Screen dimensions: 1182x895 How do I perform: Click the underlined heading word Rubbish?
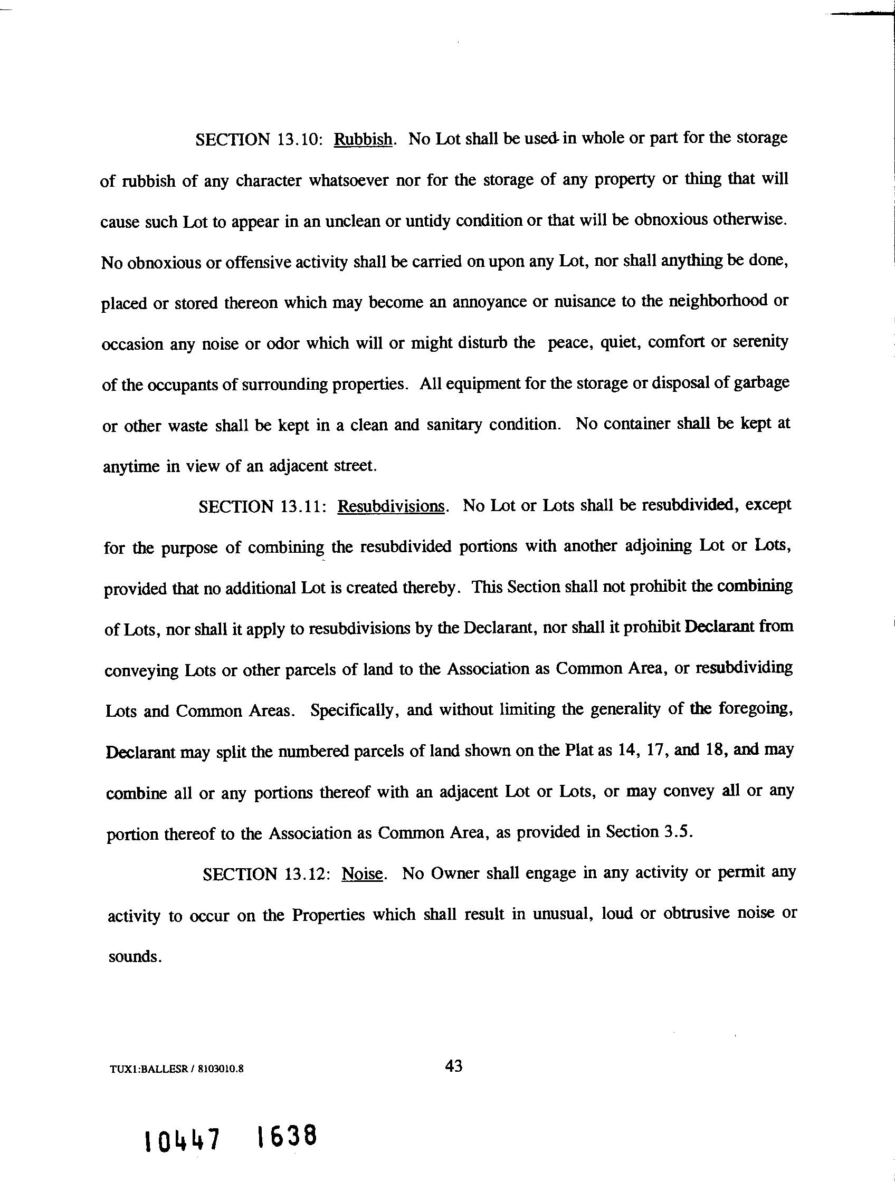(x=363, y=139)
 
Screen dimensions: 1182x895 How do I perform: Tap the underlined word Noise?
(x=362, y=873)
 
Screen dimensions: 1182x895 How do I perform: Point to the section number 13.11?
(x=302, y=506)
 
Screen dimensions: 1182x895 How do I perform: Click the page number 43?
(x=453, y=1066)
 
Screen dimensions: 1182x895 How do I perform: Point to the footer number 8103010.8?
(x=220, y=1069)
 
